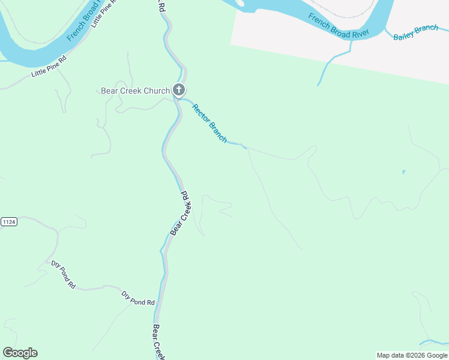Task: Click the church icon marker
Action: click(179, 90)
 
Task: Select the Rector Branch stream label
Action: click(209, 123)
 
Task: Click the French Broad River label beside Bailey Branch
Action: click(338, 26)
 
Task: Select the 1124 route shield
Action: click(8, 222)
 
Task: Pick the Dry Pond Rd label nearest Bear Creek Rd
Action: click(138, 299)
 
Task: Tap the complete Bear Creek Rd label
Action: click(180, 213)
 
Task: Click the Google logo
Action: click(20, 353)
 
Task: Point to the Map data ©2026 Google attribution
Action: click(412, 355)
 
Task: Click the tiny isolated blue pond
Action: click(403, 172)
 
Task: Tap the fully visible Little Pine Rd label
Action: click(49, 66)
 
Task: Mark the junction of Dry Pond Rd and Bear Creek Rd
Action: click(157, 304)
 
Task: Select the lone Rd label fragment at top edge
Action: click(161, 6)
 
